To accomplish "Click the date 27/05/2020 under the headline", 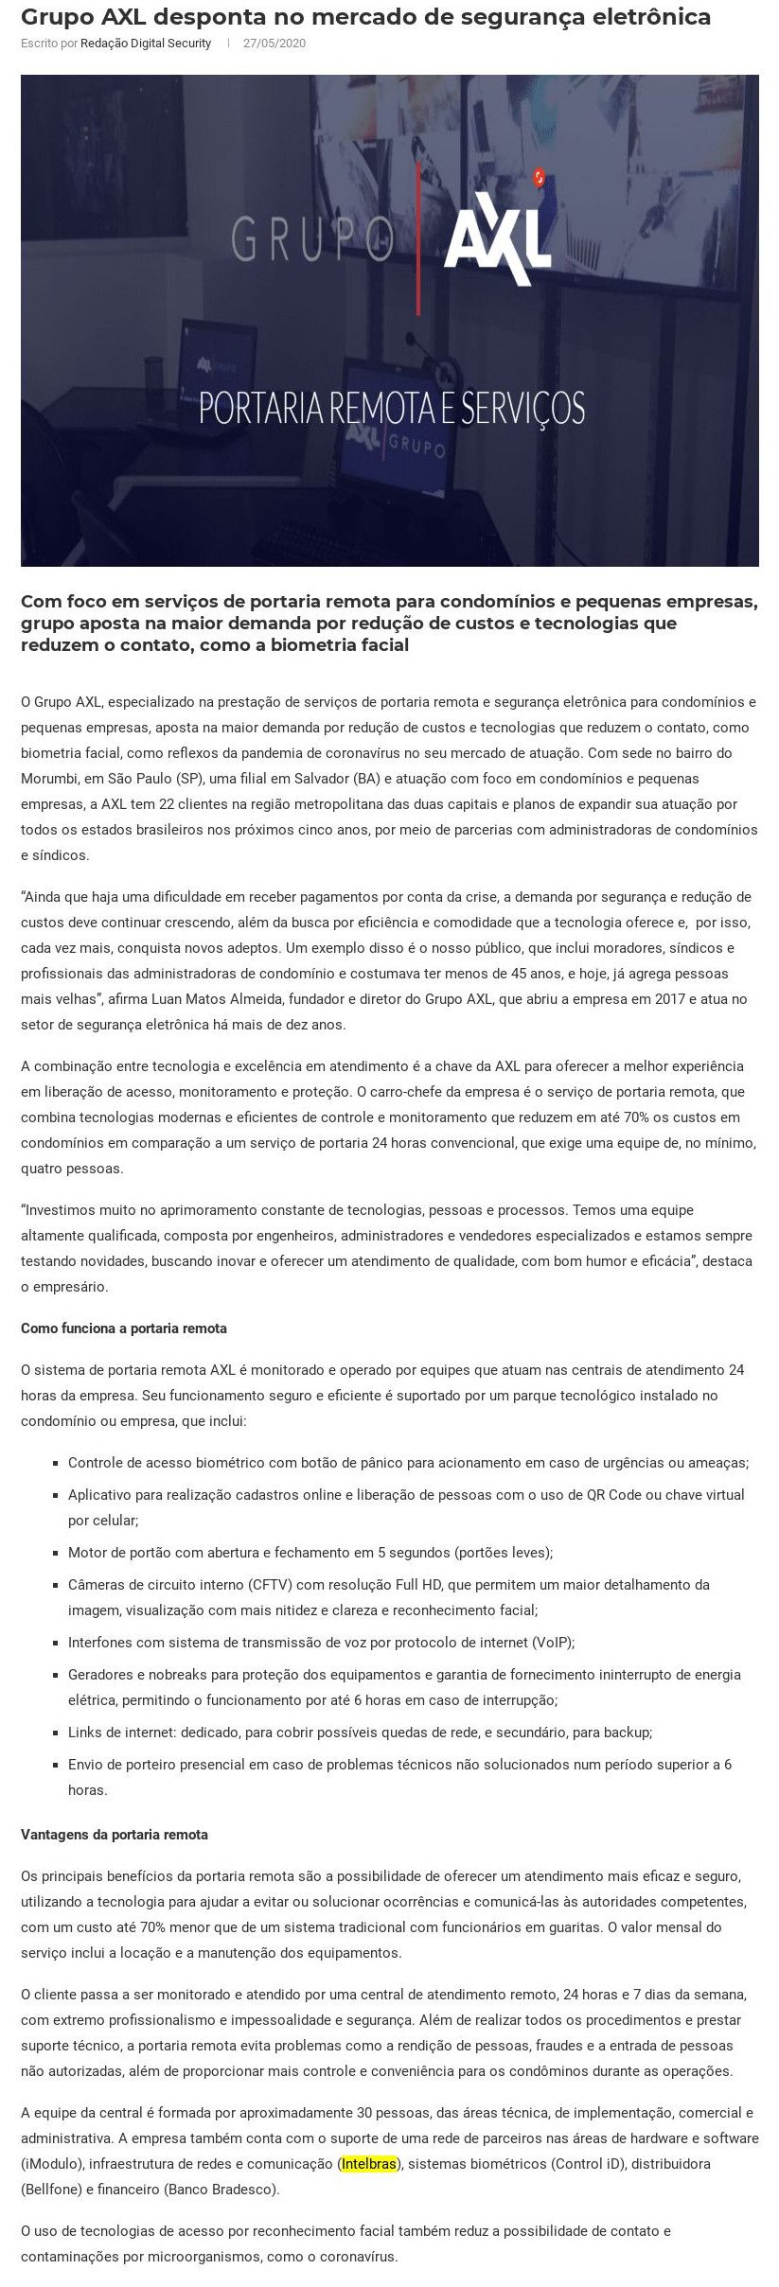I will click(x=274, y=44).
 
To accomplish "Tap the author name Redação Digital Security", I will click(x=146, y=44).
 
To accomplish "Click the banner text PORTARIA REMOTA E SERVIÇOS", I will click(x=391, y=408).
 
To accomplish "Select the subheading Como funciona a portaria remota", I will click(x=124, y=1328).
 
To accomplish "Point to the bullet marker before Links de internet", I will click(x=57, y=1733).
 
